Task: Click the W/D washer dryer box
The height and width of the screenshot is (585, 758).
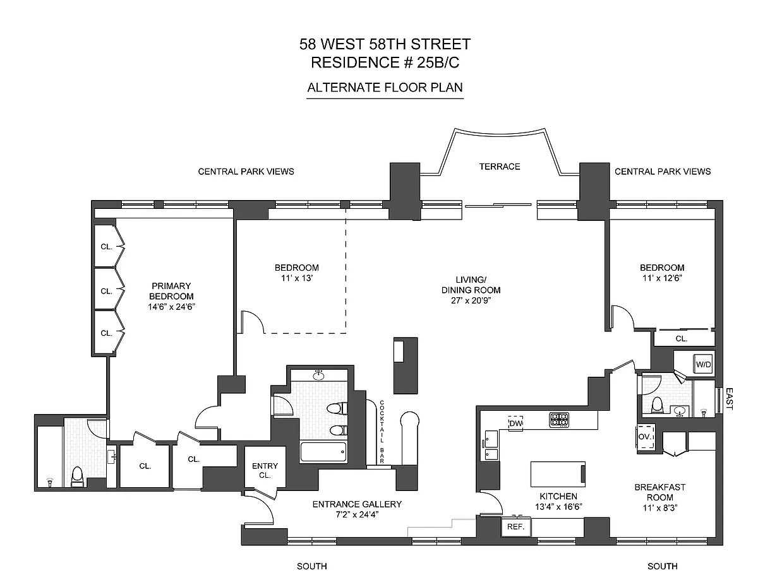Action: [x=703, y=365]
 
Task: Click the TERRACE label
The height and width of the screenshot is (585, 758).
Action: [x=499, y=167]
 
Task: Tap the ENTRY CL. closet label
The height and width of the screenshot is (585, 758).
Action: [x=265, y=470]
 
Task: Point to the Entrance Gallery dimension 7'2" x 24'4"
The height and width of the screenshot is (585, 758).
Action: [x=357, y=514]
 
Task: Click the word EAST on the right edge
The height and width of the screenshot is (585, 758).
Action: [x=730, y=399]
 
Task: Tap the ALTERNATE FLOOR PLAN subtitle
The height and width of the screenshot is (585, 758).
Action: [x=385, y=88]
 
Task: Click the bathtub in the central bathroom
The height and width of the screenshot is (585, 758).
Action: [x=323, y=452]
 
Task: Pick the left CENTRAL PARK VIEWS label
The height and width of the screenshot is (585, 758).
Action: [x=246, y=172]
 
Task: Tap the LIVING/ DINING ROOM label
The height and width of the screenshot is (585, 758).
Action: [x=471, y=285]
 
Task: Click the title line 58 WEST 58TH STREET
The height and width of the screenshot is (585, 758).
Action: [x=385, y=45]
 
